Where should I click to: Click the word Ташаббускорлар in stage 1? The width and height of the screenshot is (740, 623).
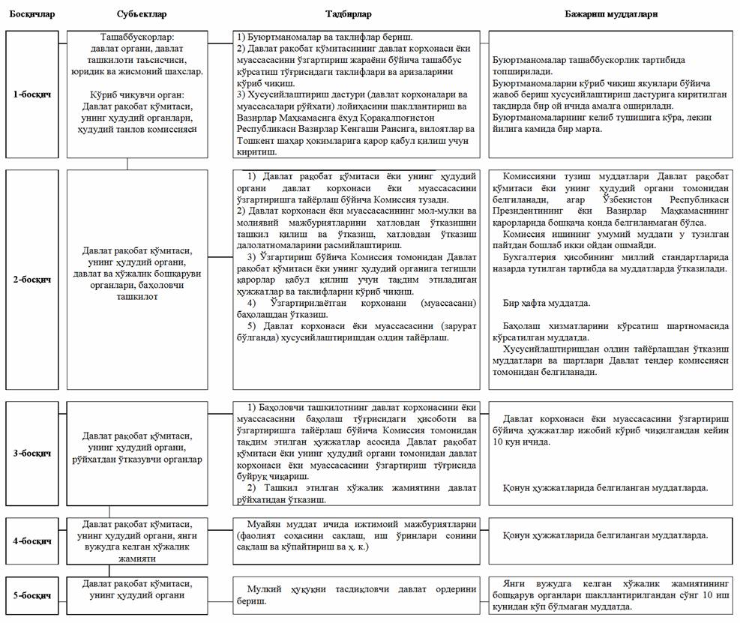[x=136, y=37]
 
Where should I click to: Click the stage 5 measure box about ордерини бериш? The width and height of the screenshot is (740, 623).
[x=356, y=595]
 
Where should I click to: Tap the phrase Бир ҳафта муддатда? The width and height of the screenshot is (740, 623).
[x=546, y=303]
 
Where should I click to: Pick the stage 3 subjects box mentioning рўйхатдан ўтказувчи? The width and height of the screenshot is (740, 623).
[x=137, y=447]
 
